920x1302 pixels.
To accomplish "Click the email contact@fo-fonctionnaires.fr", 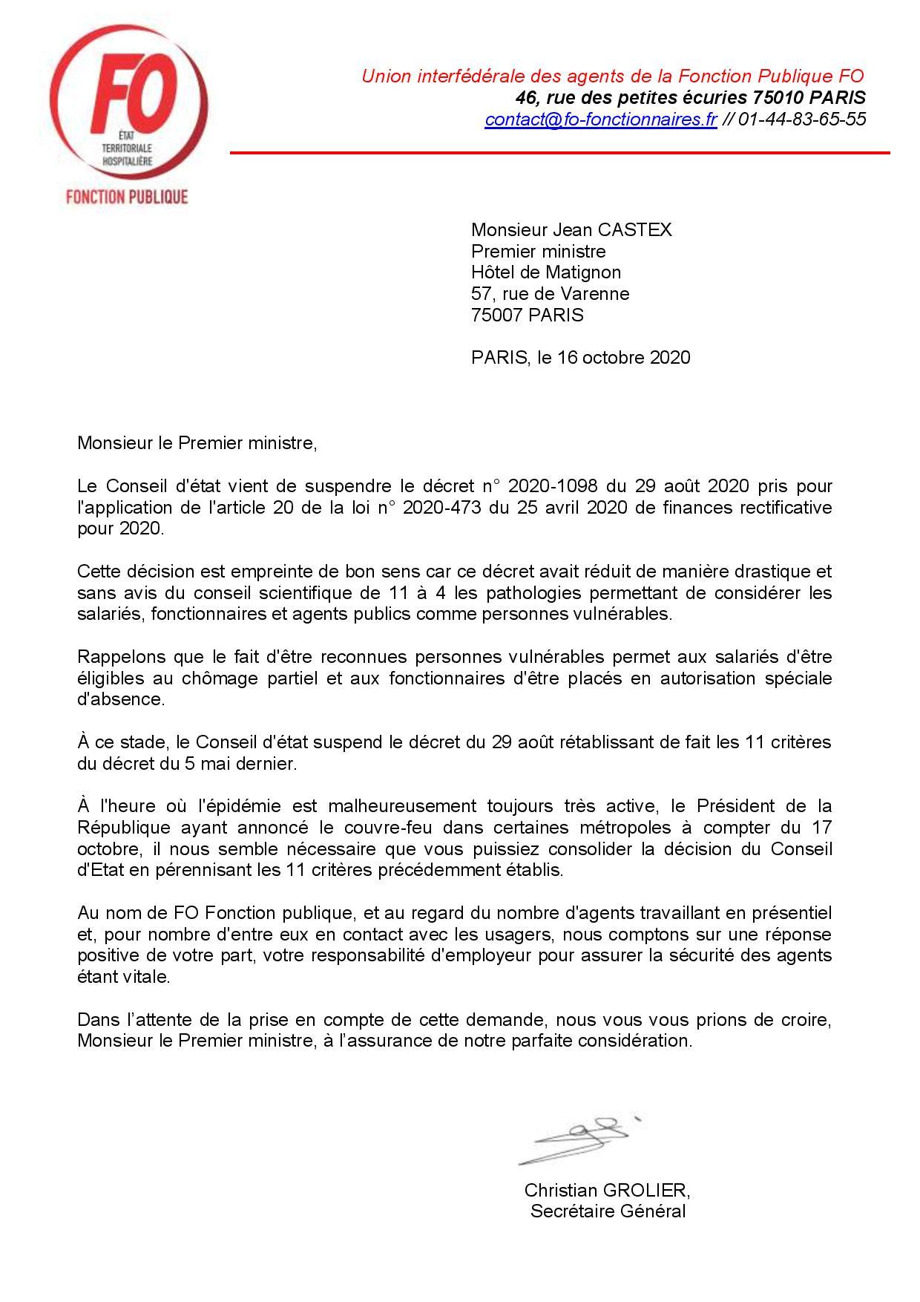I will tap(600, 120).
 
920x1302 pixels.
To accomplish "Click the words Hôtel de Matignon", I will tap(546, 272).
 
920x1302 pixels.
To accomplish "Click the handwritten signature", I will tap(579, 1139).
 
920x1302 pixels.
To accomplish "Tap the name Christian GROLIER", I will tap(607, 1191).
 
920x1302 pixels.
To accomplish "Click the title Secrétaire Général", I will tap(607, 1212).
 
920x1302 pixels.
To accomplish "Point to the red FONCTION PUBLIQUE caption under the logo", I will tap(127, 197).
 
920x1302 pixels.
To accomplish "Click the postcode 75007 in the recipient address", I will tap(497, 315).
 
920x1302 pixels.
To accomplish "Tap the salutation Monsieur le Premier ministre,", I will tap(197, 444).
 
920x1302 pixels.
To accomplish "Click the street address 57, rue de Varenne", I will tap(550, 294).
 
